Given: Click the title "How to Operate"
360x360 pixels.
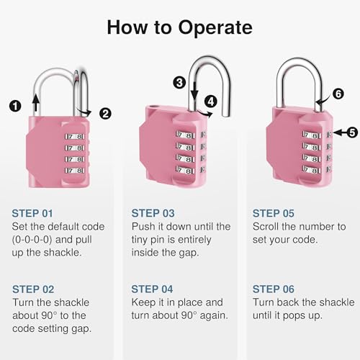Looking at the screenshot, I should tap(180, 27).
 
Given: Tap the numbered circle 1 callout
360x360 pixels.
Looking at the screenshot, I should tap(14, 106).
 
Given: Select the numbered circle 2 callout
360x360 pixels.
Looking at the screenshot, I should tap(105, 112).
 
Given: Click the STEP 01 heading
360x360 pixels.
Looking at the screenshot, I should tap(32, 213).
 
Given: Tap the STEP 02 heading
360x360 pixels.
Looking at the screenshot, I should tap(32, 289).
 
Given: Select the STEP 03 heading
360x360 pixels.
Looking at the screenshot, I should tap(153, 213).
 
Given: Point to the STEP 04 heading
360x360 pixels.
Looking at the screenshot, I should tap(153, 289).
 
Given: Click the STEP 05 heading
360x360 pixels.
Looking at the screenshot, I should tap(274, 213).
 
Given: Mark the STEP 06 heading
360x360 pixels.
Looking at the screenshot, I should tap(274, 289).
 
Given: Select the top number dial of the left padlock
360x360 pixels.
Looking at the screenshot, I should tap(73, 135).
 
